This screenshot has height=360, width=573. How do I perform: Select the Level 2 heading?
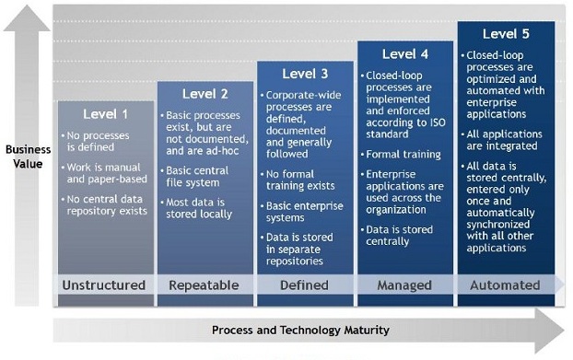(x=205, y=93)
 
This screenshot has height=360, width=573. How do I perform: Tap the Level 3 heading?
(x=305, y=74)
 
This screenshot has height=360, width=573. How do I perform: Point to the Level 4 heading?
(x=405, y=53)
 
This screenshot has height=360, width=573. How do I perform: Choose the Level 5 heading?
(x=506, y=34)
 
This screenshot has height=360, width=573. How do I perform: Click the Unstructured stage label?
(x=104, y=285)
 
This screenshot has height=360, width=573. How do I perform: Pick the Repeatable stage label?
(x=205, y=285)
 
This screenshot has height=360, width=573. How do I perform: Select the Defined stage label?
(x=305, y=285)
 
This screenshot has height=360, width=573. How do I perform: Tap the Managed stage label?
(x=405, y=285)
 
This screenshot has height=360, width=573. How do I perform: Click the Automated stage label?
(x=506, y=285)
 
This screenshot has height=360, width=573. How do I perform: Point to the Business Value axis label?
(x=28, y=156)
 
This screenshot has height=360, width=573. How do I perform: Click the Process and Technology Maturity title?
(x=300, y=330)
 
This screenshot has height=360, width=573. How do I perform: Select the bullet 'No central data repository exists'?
(x=107, y=203)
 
